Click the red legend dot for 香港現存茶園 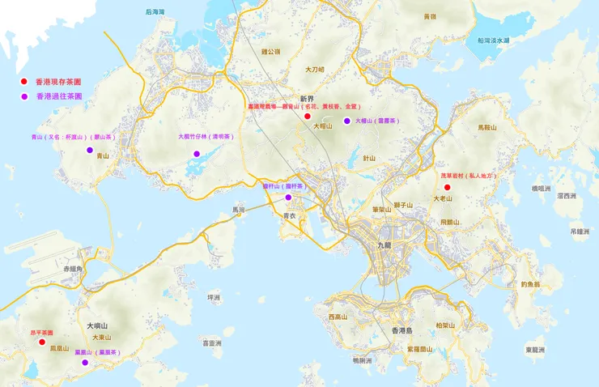[24, 82]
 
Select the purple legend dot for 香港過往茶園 [24, 96]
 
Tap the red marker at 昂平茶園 [42, 342]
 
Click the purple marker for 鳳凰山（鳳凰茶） [84, 363]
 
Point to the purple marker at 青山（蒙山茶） [90, 149]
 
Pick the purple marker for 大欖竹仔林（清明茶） [196, 153]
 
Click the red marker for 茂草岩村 [448, 187]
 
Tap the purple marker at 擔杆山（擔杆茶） [287, 197]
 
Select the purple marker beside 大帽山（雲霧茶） [346, 121]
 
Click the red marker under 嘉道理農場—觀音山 [308, 117]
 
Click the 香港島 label [402, 330]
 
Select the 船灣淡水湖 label [493, 40]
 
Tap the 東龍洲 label [535, 350]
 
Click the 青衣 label [290, 216]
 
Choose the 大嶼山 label [97, 325]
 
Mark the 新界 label [306, 98]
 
